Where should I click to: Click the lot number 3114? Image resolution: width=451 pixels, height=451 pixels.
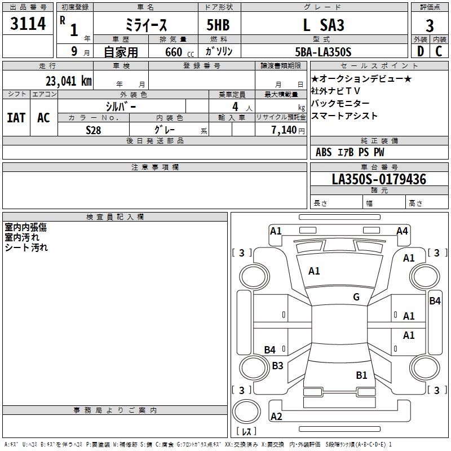28,23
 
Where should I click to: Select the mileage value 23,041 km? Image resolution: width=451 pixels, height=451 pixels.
69,81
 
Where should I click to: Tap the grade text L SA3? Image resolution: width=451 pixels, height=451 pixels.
324,25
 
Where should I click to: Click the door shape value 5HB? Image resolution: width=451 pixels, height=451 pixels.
218,25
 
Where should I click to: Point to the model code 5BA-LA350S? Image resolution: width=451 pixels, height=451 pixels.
323,52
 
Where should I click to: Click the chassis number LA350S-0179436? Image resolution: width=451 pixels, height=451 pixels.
379,179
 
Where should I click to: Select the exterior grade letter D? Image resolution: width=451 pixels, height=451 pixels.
420,51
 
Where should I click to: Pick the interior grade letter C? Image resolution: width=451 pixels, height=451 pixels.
439,51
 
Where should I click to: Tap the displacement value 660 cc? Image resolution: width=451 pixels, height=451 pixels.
179,52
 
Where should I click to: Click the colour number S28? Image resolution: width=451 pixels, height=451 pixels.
94,130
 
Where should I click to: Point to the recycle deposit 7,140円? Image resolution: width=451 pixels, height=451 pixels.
288,130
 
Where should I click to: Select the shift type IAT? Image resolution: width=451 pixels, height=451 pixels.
16,118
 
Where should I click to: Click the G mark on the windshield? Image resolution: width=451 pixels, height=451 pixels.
356,297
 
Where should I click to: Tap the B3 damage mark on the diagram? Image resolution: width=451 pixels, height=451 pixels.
277,365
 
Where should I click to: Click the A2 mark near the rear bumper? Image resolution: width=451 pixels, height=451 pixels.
276,416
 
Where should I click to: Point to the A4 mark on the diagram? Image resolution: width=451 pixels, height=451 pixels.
402,231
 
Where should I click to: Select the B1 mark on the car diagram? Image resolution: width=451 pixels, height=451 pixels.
361,375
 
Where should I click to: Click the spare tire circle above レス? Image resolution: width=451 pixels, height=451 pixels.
246,412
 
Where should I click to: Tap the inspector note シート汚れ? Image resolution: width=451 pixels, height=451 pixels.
26,247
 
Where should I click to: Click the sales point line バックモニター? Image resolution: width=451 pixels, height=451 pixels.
340,103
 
